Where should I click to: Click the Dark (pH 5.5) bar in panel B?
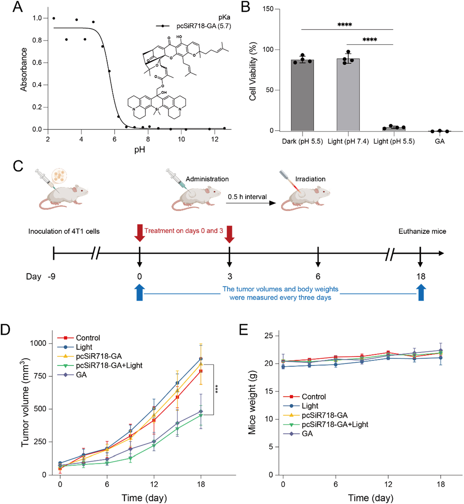302,95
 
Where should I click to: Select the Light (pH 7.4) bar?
348,95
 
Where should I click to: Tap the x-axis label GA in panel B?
440,141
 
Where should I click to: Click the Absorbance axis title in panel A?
24,70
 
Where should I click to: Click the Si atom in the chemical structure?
157,109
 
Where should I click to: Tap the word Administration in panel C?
207,179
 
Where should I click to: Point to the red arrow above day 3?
230,234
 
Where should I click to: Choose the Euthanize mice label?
422,231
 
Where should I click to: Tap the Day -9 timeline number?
52,276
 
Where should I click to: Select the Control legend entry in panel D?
79,338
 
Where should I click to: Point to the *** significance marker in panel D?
217,389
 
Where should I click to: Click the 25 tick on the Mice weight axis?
269,336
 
